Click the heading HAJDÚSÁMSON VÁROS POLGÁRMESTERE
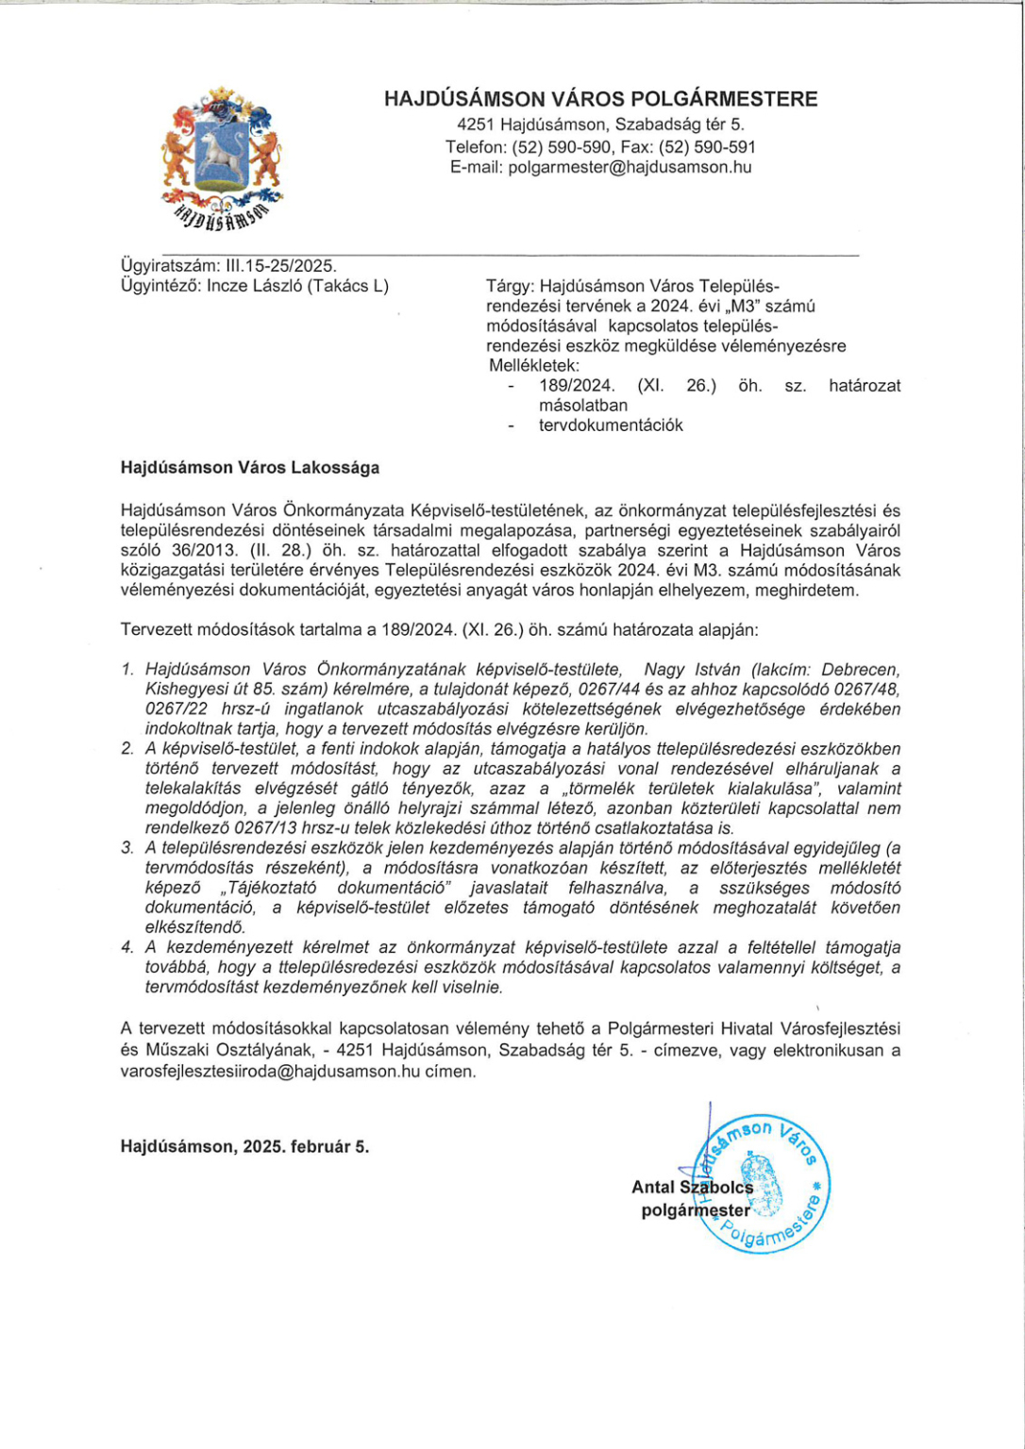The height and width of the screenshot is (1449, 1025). tap(600, 99)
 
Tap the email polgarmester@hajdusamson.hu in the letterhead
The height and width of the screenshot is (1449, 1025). tap(630, 168)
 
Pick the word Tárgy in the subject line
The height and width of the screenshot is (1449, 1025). tap(509, 286)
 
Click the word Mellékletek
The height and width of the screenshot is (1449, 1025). tap(534, 365)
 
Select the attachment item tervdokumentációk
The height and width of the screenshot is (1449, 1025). tap(611, 425)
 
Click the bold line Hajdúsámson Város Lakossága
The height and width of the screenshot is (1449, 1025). tap(250, 467)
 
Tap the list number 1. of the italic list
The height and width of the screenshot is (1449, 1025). tap(127, 670)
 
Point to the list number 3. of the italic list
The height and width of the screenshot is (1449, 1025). tap(127, 848)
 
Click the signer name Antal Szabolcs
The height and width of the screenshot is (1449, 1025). tap(692, 1188)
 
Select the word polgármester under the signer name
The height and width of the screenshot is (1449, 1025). tap(696, 1210)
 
